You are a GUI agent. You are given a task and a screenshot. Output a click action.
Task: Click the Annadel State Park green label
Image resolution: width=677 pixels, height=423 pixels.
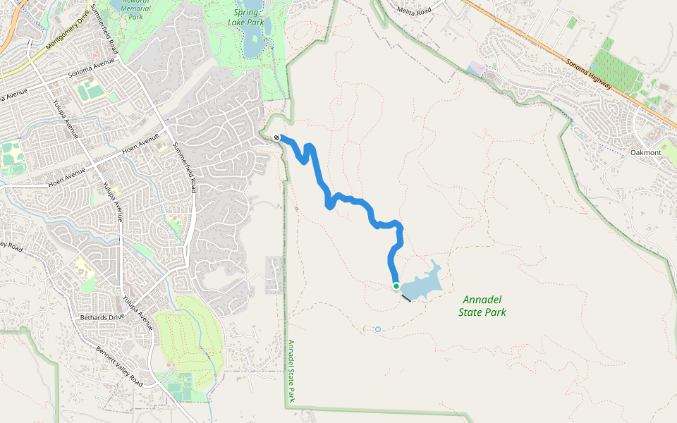click(x=482, y=305)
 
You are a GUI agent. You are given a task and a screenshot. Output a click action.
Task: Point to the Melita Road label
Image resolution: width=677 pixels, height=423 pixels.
click(x=414, y=11)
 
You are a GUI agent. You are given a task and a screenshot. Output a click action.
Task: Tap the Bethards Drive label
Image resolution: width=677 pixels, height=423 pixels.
click(x=102, y=317)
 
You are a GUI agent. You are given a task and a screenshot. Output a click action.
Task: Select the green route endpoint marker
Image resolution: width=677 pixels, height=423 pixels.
click(x=396, y=286)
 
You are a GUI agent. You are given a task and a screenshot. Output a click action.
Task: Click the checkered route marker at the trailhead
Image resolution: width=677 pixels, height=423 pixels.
click(x=277, y=138)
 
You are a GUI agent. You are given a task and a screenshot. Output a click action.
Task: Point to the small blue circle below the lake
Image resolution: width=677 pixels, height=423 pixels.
click(x=378, y=329)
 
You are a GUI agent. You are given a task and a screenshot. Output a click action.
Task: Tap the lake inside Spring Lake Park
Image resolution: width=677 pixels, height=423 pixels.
click(x=252, y=46)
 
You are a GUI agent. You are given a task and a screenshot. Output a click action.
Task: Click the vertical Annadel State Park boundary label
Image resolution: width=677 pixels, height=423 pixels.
click(x=291, y=372)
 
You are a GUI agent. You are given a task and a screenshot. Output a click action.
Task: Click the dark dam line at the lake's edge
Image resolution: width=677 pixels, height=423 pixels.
click(x=406, y=298)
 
